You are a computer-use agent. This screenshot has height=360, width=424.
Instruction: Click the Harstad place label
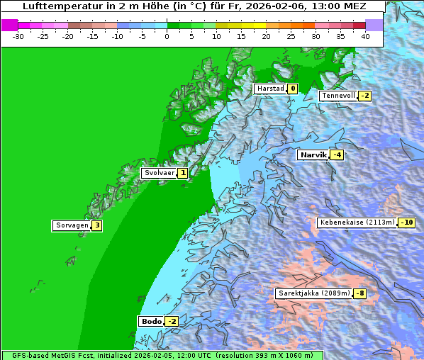(270, 89)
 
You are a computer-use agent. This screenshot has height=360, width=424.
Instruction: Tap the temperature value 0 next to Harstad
(292, 89)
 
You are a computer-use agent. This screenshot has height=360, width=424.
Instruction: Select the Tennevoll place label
(337, 96)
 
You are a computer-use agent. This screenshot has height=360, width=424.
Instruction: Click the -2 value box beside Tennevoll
(364, 96)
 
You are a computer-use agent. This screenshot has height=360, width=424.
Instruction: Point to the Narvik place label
(313, 154)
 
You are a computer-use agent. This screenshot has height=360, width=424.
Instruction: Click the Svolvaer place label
(158, 173)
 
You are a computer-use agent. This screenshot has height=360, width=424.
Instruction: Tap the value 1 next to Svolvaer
(182, 173)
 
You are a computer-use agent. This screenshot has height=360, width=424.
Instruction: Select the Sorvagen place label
(72, 225)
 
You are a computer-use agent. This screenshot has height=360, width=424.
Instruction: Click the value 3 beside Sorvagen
(97, 225)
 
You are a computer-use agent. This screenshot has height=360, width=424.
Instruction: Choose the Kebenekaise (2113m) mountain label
(357, 223)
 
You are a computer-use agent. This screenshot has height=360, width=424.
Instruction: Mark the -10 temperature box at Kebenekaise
(406, 223)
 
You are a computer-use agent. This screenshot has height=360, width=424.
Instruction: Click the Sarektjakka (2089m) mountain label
(313, 293)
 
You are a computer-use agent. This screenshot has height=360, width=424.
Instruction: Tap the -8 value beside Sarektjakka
(360, 293)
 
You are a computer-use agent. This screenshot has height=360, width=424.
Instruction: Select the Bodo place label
(151, 321)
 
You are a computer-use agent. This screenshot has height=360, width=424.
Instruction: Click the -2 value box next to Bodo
(172, 321)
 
